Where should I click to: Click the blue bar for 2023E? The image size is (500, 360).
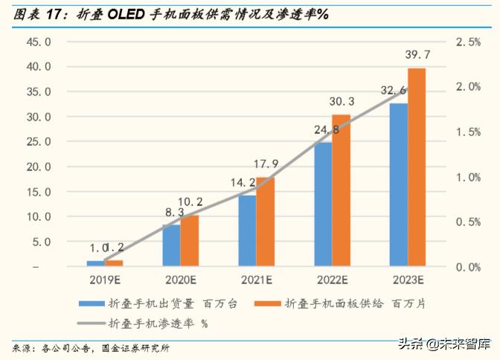tap(399, 186)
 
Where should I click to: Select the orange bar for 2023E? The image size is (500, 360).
tap(417, 167)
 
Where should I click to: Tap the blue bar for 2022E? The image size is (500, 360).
tap(323, 205)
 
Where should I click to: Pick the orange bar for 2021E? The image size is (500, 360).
tap(265, 222)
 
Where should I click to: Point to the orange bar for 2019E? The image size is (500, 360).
tap(114, 263)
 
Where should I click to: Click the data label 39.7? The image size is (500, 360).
tap(418, 57)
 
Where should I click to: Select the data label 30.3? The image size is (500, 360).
tap(342, 102)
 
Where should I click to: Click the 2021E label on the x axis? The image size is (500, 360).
tap(256, 280)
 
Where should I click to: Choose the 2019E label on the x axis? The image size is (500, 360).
tap(104, 280)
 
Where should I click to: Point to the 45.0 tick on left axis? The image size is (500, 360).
tap(38, 42)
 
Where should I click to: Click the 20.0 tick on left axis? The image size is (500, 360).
tap(38, 167)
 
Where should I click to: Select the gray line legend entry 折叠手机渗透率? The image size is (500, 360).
tap(90, 324)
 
